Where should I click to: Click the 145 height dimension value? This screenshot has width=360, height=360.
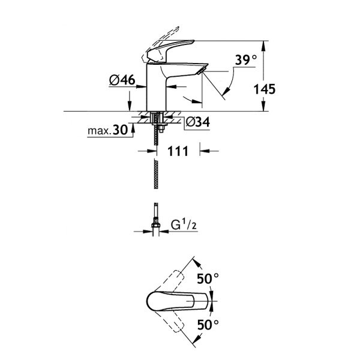tap(265, 89)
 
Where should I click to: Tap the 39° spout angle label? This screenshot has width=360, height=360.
tap(245, 60)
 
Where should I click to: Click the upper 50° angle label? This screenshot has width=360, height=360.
tap(208, 279)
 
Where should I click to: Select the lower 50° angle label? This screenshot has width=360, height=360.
tap(208, 326)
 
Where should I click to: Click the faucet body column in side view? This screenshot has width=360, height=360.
tap(157, 90)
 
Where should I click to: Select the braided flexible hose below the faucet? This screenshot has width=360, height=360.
tap(156, 174)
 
